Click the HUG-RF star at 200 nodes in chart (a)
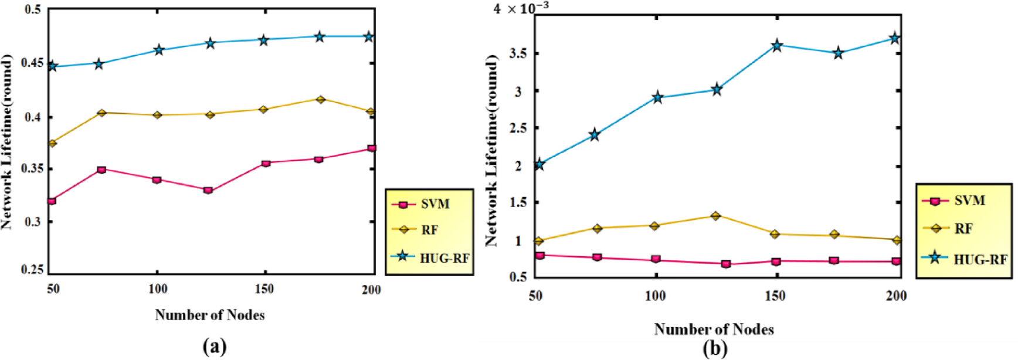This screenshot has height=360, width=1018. coord(369,37)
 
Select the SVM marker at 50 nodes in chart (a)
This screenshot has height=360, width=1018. coord(52,201)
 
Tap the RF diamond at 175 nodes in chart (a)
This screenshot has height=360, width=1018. coord(320,100)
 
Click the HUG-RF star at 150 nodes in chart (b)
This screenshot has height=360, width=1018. coord(777,46)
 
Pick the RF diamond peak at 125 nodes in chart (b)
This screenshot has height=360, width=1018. coord(715,216)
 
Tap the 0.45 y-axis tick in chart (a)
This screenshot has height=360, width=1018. coord(33,63)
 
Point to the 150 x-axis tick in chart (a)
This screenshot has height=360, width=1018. coord(264,289)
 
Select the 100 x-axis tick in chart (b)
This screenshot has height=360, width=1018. coord(656,296)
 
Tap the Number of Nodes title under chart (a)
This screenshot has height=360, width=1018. coord(209,315)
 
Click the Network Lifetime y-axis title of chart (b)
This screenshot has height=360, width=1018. coord(491,150)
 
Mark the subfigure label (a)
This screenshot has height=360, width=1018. coord(214,346)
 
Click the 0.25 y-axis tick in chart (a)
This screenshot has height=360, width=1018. coord(33,270)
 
